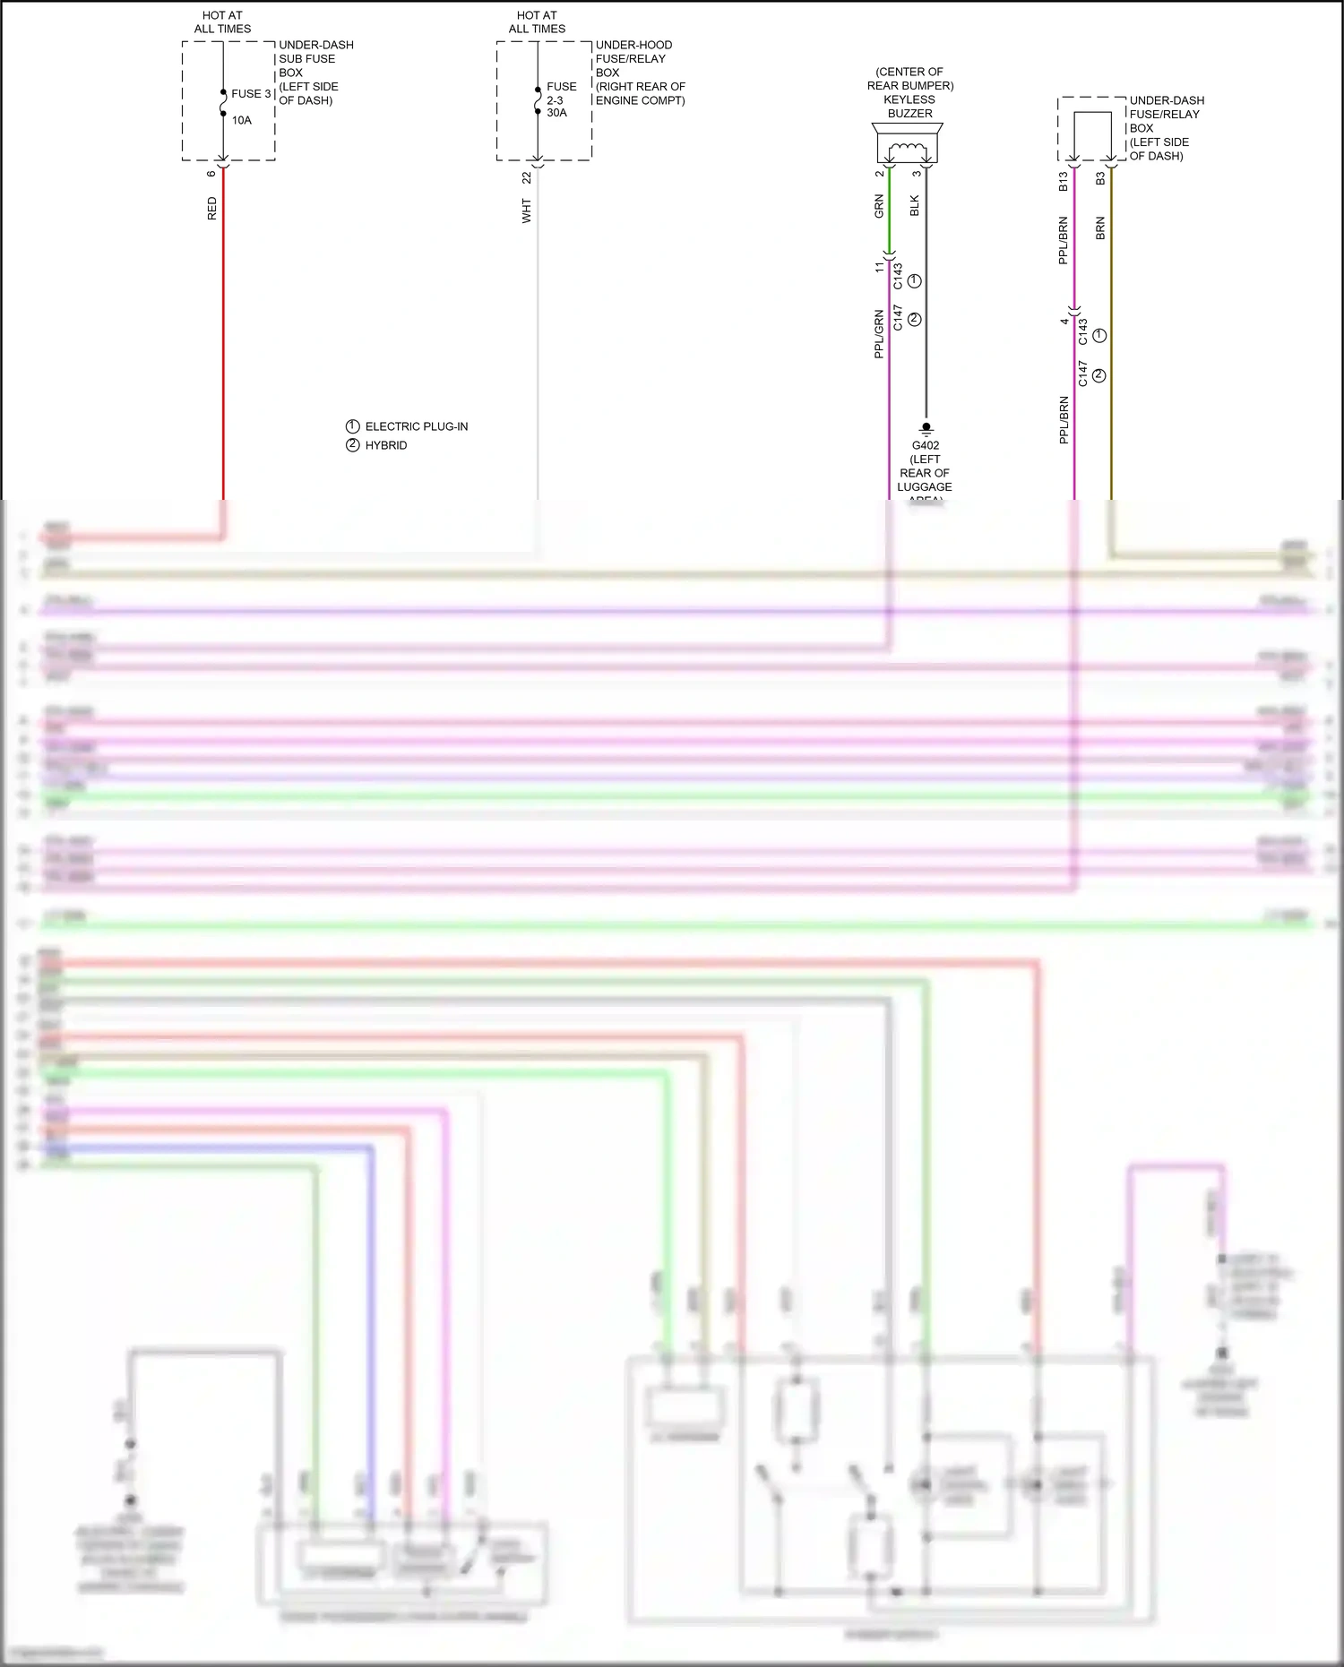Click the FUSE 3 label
point(251,94)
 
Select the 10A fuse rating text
point(242,121)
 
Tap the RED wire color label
point(212,209)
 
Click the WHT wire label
point(527,211)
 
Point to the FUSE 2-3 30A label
point(561,99)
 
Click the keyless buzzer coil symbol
point(907,149)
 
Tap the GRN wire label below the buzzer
point(879,206)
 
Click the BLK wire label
point(915,206)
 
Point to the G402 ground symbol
point(926,429)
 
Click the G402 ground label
point(926,445)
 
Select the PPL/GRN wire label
point(879,334)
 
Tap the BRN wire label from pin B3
point(1100,228)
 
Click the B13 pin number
point(1064,182)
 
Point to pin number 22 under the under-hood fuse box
point(527,178)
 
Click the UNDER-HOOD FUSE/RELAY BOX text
point(639,73)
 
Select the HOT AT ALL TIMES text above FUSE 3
point(222,22)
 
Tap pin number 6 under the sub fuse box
point(211,174)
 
